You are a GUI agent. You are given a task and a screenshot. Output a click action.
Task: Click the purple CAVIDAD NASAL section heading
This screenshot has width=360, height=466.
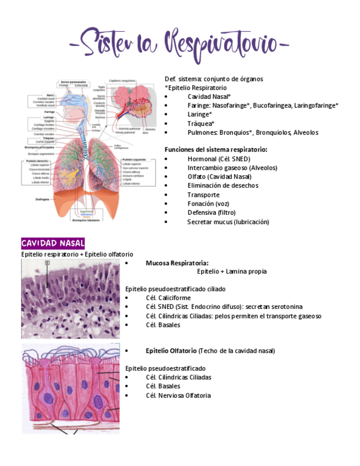(x=53, y=243)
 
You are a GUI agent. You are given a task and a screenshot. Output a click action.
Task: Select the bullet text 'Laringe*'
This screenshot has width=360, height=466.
(x=200, y=115)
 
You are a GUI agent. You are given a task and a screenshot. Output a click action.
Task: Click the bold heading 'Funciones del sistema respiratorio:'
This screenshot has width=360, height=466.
(x=216, y=149)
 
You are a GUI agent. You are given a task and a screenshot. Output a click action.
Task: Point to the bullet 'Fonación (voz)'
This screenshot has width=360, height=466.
(x=208, y=204)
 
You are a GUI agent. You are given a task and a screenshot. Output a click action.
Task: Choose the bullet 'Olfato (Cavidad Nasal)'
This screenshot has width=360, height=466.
(x=219, y=176)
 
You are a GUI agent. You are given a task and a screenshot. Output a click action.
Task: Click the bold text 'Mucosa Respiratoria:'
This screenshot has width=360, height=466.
(x=177, y=263)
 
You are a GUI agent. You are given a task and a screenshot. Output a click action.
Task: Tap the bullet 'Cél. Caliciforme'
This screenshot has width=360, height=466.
(x=168, y=298)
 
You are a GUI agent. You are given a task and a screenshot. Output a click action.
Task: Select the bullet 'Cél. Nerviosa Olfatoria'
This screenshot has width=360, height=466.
(x=178, y=395)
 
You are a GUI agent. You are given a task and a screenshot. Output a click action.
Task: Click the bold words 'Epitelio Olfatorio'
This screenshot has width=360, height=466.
(x=171, y=351)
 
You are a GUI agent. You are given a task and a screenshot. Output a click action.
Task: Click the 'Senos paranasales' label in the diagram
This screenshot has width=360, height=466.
(x=72, y=81)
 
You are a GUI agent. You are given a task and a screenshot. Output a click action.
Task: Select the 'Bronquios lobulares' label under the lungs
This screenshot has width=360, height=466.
(x=86, y=221)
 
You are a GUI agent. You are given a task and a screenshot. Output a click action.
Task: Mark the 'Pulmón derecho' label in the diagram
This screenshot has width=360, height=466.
(x=37, y=160)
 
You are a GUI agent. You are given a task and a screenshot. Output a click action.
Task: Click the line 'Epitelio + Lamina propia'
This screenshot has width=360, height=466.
(x=232, y=271)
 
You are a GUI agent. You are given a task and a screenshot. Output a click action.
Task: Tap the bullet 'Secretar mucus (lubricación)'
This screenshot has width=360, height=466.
(x=228, y=222)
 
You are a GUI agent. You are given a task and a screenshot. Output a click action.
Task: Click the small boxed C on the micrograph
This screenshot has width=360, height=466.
(x=47, y=263)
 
